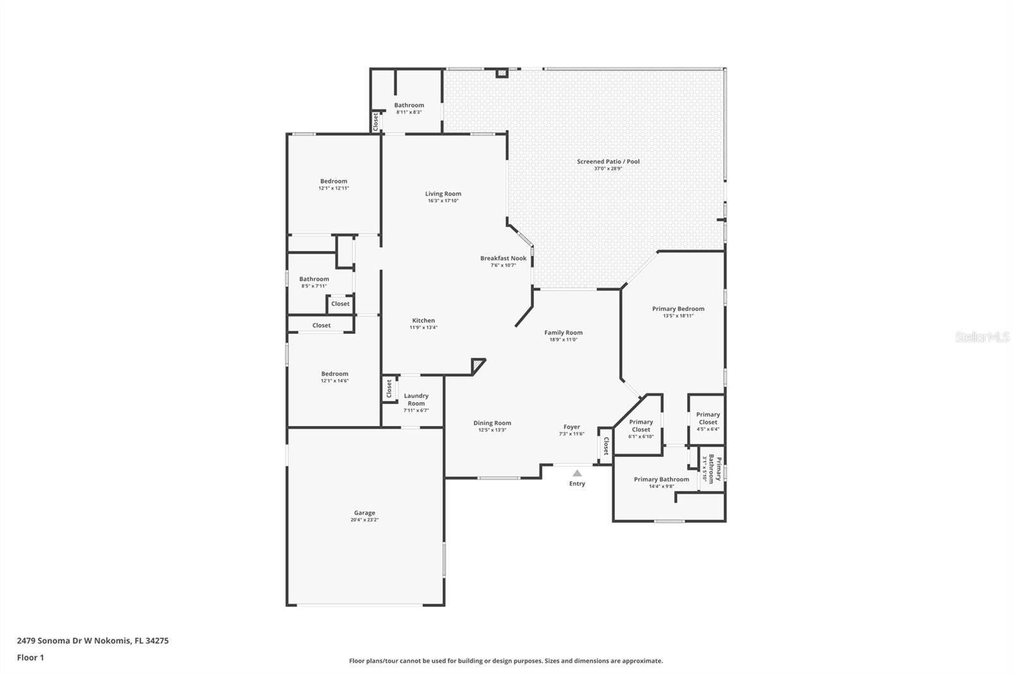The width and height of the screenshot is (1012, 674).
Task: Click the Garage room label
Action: click(364, 513)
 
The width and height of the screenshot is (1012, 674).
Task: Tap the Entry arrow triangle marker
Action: click(577, 473)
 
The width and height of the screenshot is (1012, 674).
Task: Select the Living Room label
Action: click(443, 194)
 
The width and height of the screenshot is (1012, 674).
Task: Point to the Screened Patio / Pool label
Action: click(608, 161)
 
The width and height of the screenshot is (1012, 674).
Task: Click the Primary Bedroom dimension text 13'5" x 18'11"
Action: click(678, 316)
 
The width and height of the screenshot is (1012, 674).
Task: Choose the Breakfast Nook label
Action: click(503, 259)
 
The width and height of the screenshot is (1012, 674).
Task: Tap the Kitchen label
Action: click(423, 321)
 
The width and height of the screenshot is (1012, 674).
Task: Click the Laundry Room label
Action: click(416, 400)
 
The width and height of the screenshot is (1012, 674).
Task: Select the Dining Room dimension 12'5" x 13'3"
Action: click(492, 430)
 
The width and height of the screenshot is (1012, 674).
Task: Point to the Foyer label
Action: click(572, 427)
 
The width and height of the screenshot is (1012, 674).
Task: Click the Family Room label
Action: click(564, 333)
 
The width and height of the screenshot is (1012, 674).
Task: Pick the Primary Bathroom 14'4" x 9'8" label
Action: click(662, 482)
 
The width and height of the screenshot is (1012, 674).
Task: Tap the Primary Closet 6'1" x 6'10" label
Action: click(641, 429)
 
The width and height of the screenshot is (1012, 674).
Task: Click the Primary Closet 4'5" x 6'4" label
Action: click(708, 422)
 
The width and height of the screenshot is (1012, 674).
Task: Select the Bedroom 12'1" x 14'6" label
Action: click(335, 377)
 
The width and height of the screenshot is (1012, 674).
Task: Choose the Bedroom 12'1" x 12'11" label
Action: click(334, 185)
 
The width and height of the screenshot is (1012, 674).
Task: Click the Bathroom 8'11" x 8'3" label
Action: click(409, 108)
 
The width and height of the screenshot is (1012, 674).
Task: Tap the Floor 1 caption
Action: click(30, 658)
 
